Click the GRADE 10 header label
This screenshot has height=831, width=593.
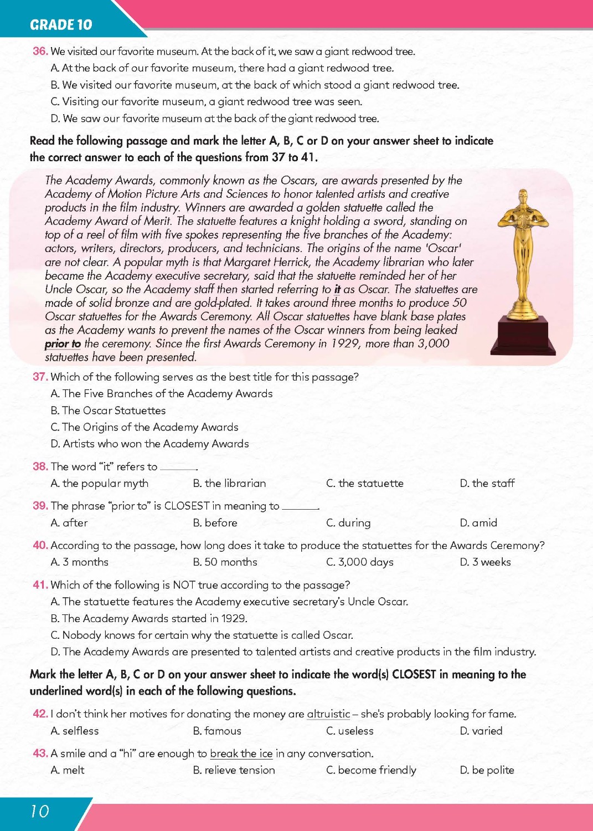(x=61, y=25)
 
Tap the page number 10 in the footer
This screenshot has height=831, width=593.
(x=40, y=812)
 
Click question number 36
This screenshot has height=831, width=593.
(x=40, y=52)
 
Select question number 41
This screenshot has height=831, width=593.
(x=40, y=585)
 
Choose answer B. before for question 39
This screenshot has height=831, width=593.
(x=215, y=523)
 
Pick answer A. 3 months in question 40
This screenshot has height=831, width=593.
(x=79, y=562)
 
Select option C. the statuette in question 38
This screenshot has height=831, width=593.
(x=365, y=484)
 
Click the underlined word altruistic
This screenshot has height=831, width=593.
(x=328, y=714)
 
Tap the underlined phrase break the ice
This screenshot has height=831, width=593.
(x=241, y=754)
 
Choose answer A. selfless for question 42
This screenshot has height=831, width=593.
(x=75, y=731)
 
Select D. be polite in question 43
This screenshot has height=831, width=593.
(x=487, y=771)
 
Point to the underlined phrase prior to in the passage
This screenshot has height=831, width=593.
(x=63, y=344)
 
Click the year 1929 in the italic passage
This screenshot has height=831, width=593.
(x=345, y=344)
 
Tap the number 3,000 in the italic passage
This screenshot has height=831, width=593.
(x=434, y=344)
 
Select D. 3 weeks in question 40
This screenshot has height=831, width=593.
(x=485, y=562)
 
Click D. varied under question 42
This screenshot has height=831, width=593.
(x=481, y=731)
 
